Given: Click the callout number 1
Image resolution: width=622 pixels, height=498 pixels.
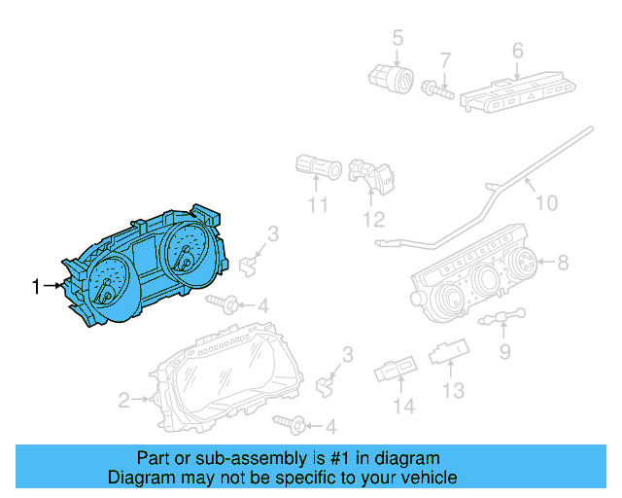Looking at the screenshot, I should [x=36, y=286].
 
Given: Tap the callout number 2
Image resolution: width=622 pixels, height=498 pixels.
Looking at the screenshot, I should [x=124, y=399].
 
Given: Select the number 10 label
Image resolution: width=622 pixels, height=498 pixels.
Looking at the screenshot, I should [x=547, y=203].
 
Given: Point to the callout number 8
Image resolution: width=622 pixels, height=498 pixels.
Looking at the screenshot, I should [x=562, y=261].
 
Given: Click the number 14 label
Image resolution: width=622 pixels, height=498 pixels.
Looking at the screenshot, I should [x=403, y=406].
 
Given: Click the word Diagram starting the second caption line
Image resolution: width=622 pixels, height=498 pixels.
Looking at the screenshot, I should [x=137, y=478].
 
